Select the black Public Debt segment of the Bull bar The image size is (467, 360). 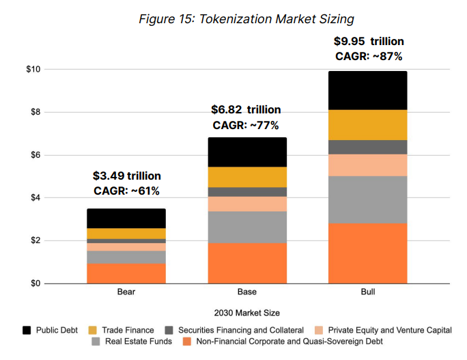pyautogui.click(x=367, y=90)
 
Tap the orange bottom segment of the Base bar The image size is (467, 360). pyautogui.click(x=247, y=263)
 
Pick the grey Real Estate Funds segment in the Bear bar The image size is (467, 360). pyautogui.click(x=126, y=257)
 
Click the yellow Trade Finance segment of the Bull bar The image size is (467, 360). pyautogui.click(x=367, y=125)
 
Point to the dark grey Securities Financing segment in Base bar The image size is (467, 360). pyautogui.click(x=247, y=192)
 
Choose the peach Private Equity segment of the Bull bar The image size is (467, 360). pyautogui.click(x=367, y=165)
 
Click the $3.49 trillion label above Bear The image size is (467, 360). pyautogui.click(x=126, y=177)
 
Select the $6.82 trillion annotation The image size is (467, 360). pyautogui.click(x=246, y=110)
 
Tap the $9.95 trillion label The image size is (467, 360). pyautogui.click(x=369, y=41)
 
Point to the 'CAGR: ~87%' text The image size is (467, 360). pyautogui.click(x=369, y=56)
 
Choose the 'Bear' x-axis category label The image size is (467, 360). pyautogui.click(x=126, y=292)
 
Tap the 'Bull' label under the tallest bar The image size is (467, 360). pyautogui.click(x=367, y=292)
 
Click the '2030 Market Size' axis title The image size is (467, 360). pyautogui.click(x=247, y=313)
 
